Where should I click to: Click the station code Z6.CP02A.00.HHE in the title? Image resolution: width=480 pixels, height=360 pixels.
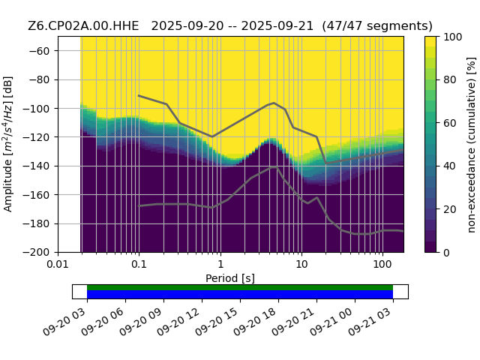tap(83, 26)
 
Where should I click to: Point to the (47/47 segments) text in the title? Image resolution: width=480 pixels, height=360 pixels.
tap(377, 26)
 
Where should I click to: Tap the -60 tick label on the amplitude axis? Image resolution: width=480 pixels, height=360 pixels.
tap(39, 51)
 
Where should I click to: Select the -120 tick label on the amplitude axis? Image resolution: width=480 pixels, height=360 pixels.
tap(36, 137)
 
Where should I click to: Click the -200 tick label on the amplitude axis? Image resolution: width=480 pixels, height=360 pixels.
tap(36, 253)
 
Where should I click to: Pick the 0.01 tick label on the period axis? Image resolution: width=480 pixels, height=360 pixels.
tap(58, 264)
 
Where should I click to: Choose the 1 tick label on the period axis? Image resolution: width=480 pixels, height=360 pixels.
tap(220, 264)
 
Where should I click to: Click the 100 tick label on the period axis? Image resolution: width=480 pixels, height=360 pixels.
tap(382, 264)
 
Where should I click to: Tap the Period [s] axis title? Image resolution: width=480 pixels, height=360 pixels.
tap(230, 278)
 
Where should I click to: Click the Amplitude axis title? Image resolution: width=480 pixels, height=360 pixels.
tap(8, 144)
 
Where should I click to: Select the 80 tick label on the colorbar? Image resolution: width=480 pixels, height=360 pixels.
tap(450, 80)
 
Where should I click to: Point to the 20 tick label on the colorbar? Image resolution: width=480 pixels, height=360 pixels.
tap(450, 209)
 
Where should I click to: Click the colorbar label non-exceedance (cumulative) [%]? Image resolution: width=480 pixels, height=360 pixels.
tap(472, 145)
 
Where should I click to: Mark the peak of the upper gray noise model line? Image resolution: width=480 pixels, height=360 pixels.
tap(274, 103)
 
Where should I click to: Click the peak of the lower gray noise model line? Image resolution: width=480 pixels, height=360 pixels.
tap(273, 167)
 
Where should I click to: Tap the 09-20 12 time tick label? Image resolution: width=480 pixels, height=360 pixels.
tap(178, 322)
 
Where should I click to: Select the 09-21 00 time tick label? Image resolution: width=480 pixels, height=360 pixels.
tap(331, 322)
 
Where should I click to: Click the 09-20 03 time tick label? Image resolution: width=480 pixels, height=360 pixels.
tap(64, 322)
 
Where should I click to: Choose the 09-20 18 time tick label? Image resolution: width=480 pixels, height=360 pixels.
tap(255, 322)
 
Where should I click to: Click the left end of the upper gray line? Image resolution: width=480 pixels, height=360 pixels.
tap(139, 95)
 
